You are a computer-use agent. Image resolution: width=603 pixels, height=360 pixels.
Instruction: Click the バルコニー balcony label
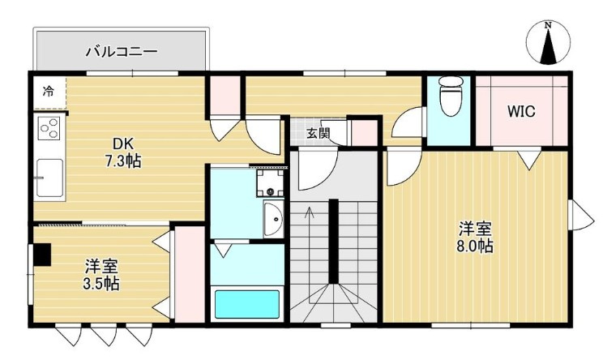122,51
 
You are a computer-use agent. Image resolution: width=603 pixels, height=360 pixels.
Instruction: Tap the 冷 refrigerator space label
49,92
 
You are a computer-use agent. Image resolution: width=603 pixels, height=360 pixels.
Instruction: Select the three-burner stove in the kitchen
49,128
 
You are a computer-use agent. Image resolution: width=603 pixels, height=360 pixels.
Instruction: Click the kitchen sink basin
49,178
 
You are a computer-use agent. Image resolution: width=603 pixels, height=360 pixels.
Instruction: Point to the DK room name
122,144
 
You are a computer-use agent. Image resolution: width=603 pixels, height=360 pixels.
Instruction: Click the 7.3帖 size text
123,161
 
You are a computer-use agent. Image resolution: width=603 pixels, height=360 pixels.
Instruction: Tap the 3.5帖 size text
101,284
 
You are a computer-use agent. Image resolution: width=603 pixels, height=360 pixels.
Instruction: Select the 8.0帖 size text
475,246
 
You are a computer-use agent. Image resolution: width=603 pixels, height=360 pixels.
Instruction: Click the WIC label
521,112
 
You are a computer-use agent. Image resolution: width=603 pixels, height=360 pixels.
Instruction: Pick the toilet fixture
449,96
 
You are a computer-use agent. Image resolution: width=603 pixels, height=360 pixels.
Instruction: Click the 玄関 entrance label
318,133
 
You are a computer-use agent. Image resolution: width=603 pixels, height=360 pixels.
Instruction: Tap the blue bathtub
247,304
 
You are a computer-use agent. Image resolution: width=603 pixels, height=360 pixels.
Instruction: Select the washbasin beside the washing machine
274,219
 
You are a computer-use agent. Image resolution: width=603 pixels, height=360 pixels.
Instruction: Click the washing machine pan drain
271,191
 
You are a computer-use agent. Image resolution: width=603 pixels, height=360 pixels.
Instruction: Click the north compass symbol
549,43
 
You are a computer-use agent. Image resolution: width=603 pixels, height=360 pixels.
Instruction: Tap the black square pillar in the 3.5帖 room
41,255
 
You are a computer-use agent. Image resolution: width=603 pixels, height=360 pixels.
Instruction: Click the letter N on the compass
549,26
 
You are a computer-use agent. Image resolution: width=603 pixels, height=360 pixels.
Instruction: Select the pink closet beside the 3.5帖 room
189,274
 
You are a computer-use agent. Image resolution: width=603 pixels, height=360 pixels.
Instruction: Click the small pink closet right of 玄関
365,133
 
